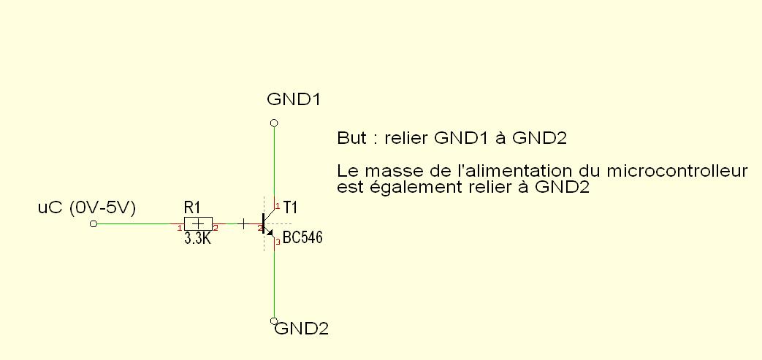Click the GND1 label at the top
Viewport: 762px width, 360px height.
pyautogui.click(x=294, y=99)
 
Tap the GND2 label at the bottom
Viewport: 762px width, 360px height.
pyautogui.click(x=302, y=329)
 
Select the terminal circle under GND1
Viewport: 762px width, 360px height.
pyautogui.click(x=273, y=122)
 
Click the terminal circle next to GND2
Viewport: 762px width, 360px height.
pyautogui.click(x=273, y=321)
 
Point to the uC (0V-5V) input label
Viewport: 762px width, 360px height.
pyautogui.click(x=87, y=208)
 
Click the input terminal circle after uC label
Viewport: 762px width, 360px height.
pyautogui.click(x=93, y=224)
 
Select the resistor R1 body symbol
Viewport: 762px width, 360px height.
pyautogui.click(x=197, y=223)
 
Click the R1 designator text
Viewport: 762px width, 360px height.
pyautogui.click(x=191, y=208)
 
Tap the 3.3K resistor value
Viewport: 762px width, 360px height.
pyautogui.click(x=197, y=238)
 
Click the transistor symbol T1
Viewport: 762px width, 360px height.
pyautogui.click(x=267, y=223)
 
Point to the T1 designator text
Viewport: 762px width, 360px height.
pyautogui.click(x=290, y=208)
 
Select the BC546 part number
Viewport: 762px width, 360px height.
pyautogui.click(x=302, y=238)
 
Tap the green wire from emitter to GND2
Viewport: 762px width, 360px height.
pyautogui.click(x=274, y=281)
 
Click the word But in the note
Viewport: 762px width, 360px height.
pyautogui.click(x=351, y=137)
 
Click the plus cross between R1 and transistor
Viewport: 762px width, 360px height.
pyautogui.click(x=243, y=223)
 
